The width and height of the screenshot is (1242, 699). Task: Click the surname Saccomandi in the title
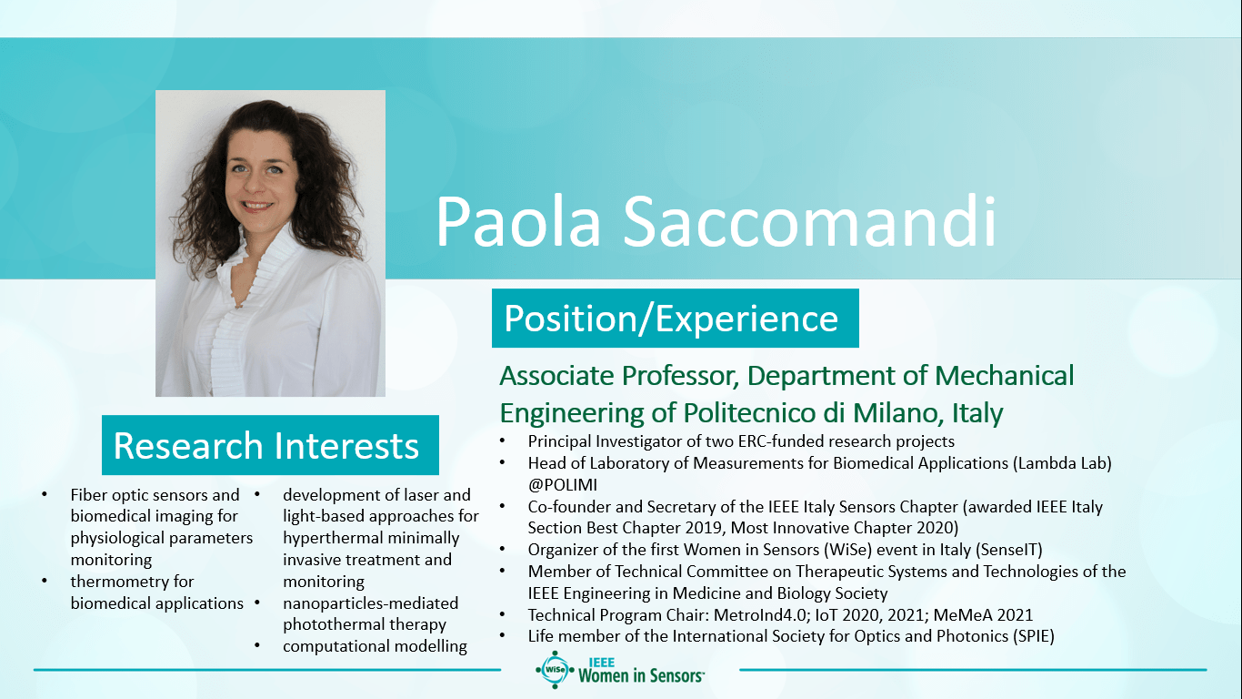[x=809, y=221]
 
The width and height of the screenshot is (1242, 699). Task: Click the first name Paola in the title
[x=518, y=221]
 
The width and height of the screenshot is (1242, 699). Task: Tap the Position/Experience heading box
[x=676, y=319]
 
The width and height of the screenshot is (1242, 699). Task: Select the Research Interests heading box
[x=270, y=445]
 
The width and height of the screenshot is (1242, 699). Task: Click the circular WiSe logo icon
[x=555, y=670]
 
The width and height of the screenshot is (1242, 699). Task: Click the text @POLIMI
[x=562, y=485]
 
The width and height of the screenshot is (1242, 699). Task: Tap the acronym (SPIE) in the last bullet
[x=1034, y=636]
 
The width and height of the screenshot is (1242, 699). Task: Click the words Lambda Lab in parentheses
[x=1062, y=463]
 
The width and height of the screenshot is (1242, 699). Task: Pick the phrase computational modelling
[x=375, y=646]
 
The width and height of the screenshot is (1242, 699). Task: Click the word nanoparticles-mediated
[x=370, y=603]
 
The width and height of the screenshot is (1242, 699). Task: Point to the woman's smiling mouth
[x=257, y=206]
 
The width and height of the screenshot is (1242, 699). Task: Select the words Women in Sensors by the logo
[x=641, y=675]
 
